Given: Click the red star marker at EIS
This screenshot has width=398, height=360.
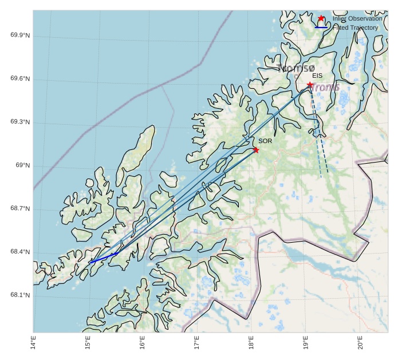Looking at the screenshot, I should pos(310,85).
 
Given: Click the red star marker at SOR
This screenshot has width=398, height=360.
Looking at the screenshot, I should pos(256,150).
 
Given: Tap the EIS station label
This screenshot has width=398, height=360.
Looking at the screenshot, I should pos(317,76).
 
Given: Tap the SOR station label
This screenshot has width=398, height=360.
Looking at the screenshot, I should pos(265,141).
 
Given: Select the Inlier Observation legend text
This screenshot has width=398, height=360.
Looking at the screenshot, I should pos(357,19).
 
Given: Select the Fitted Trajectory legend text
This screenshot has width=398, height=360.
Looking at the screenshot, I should pos(356,27).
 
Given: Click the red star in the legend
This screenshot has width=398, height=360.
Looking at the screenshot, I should pos(321,18).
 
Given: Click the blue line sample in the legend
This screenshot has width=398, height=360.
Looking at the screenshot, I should pos(321,27).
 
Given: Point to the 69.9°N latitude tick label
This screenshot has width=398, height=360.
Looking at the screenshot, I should pos(20,35).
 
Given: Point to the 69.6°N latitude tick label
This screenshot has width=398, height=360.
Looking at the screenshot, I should pos(20,79).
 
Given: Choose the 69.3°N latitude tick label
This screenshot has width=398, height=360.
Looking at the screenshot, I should pos(20,122).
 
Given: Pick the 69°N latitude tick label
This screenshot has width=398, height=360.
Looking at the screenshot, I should pos(22,166).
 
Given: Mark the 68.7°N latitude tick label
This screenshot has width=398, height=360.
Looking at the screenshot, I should pos(20,209).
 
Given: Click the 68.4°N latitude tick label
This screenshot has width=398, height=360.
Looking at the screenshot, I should pos(20,252).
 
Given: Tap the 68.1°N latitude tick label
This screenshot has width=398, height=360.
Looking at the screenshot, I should pos(20,296).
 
